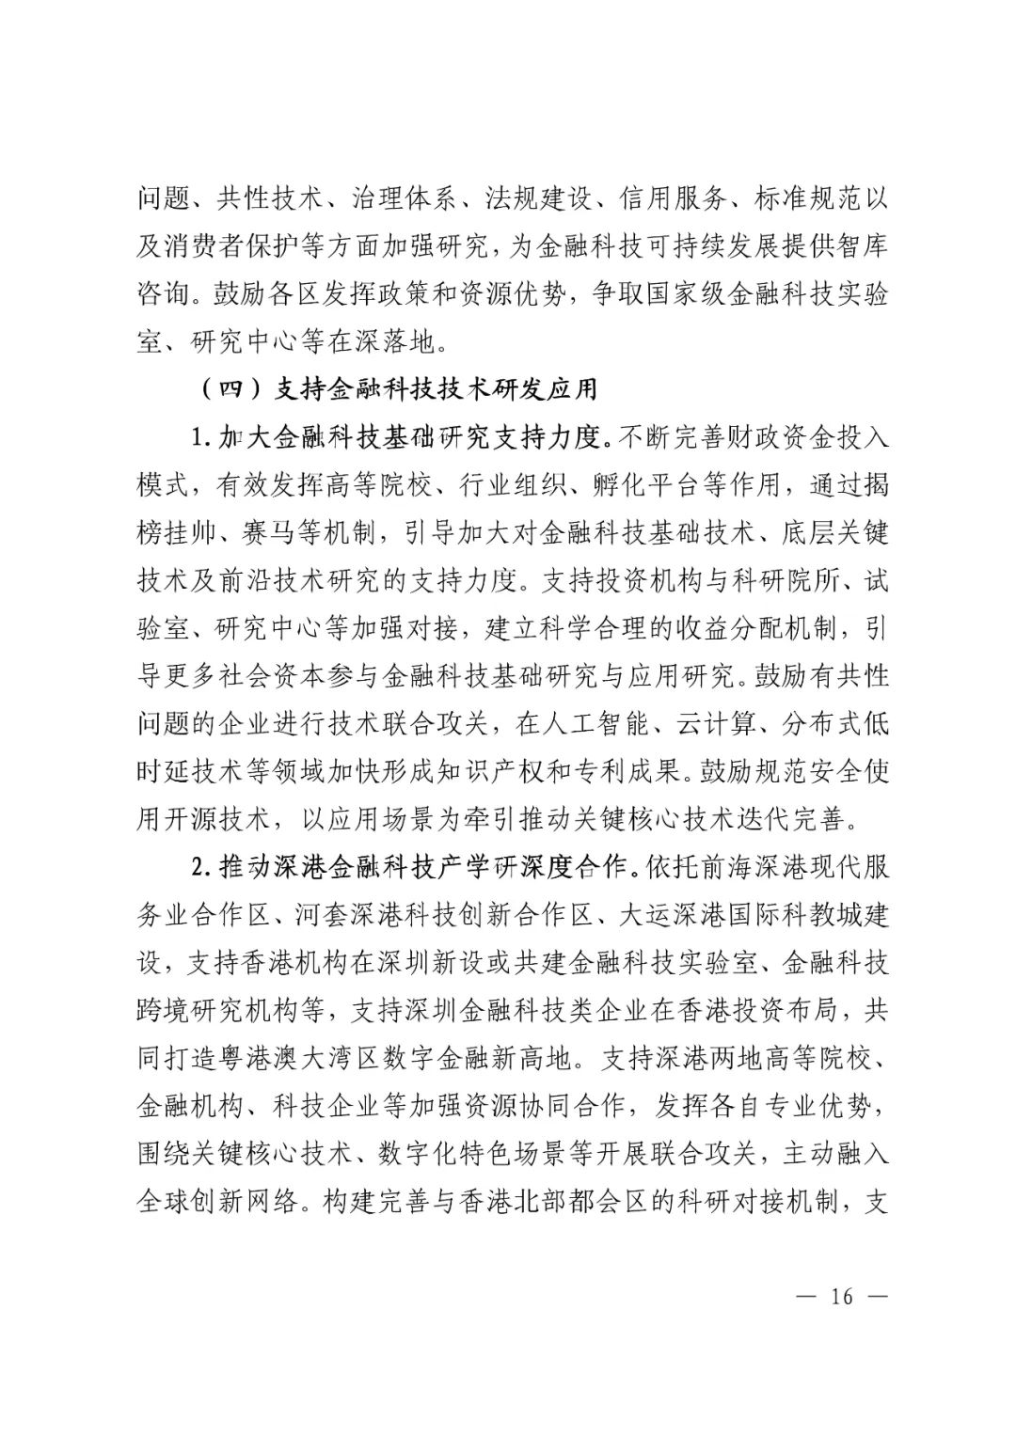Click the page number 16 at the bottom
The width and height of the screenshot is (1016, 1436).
[841, 1296]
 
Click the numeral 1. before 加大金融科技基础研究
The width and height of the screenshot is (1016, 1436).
[198, 438]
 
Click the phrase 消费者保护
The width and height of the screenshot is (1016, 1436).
[241, 245]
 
